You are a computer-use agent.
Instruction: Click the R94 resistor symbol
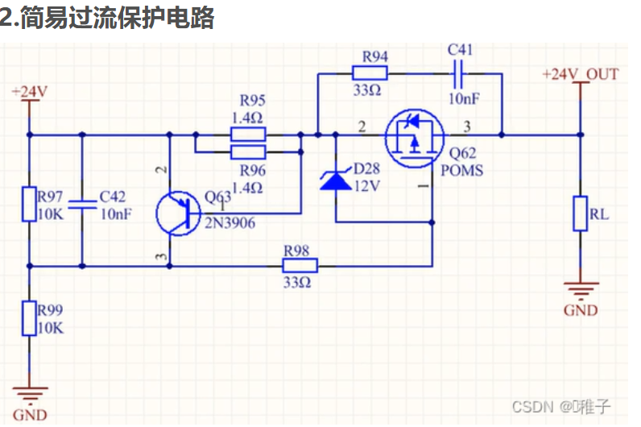[370, 73]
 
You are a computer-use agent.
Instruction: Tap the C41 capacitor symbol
[460, 73]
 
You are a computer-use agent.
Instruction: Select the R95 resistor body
[248, 134]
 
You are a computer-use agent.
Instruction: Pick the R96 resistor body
[248, 151]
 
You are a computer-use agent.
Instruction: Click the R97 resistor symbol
[29, 204]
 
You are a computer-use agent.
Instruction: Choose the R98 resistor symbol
[300, 265]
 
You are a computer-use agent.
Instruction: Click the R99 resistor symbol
[29, 318]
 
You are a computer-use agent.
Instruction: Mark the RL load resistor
[580, 213]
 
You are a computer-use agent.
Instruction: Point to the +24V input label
[29, 91]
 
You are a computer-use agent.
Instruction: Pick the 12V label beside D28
[366, 184]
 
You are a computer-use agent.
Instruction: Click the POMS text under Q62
[462, 170]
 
